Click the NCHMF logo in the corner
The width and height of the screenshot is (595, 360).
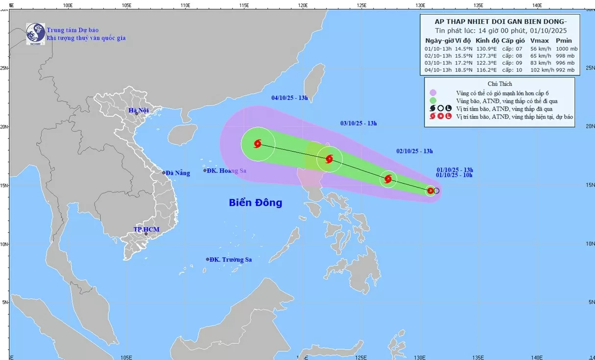(x=35, y=33)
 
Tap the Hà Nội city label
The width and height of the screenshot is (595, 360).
(x=139, y=110)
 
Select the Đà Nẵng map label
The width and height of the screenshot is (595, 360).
(x=177, y=173)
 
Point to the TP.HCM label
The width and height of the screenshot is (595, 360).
(x=147, y=229)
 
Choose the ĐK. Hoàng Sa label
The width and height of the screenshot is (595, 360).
(x=226, y=170)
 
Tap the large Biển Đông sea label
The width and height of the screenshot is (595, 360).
(x=256, y=202)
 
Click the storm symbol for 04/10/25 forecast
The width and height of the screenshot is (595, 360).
(x=258, y=144)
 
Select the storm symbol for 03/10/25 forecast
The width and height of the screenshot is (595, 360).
(x=329, y=159)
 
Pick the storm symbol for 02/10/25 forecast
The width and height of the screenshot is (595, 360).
(x=388, y=179)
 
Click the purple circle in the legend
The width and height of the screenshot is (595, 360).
(x=433, y=93)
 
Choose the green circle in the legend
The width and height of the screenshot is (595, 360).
(x=433, y=100)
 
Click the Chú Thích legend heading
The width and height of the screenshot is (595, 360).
(x=500, y=84)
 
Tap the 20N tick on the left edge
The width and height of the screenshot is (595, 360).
(x=4, y=127)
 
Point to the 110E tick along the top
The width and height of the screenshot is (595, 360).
(x=185, y=5)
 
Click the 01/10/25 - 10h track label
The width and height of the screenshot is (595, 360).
(x=454, y=175)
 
